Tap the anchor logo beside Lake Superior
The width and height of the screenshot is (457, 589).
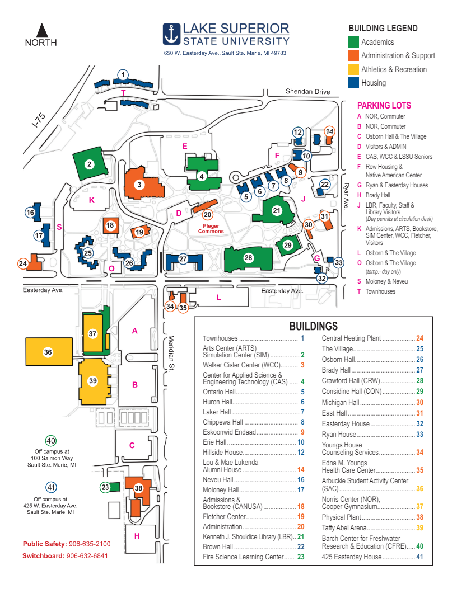tap(171, 34)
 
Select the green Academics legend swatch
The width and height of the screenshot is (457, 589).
tap(353, 42)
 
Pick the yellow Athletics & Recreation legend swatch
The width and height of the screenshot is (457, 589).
tap(353, 69)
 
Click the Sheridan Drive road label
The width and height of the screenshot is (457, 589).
tap(307, 92)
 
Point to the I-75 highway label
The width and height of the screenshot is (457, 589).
tap(39, 122)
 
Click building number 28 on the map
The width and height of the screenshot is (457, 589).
tap(248, 257)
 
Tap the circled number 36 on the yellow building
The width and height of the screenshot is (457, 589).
tap(48, 352)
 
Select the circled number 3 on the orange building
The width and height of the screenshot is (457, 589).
tap(140, 184)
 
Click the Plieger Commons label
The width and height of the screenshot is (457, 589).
tap(211, 228)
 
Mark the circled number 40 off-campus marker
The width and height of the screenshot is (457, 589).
tap(51, 441)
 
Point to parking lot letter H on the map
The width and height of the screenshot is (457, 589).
tap(137, 535)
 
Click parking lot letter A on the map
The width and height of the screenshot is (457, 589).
tap(134, 331)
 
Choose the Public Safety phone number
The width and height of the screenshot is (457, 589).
tap(89, 544)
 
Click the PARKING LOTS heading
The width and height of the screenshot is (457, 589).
tap(384, 105)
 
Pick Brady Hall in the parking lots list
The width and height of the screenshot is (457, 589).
tap(377, 195)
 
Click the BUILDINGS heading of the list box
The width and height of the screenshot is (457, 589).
tap(313, 326)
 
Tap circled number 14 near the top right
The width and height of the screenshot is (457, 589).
tap(329, 131)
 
